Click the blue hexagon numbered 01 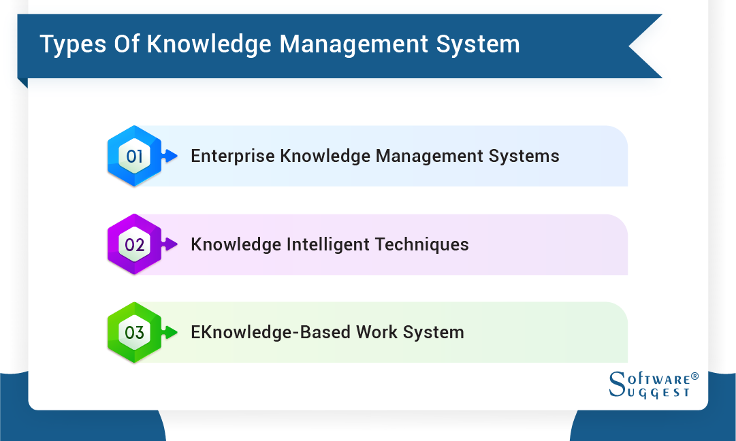click(x=135, y=157)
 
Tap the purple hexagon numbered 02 click(x=135, y=244)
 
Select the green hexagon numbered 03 click(x=135, y=333)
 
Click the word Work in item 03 click(x=366, y=333)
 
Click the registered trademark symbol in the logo click(x=694, y=376)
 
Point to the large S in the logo click(x=615, y=385)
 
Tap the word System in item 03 click(x=432, y=333)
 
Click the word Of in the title click(x=122, y=44)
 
